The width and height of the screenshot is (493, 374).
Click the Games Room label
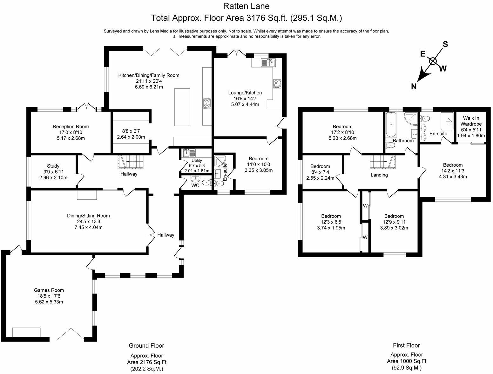(x=49, y=290)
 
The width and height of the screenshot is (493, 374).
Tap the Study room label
(x=53, y=166)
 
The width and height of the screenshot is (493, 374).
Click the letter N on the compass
(x=414, y=86)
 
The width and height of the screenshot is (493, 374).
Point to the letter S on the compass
(x=445, y=45)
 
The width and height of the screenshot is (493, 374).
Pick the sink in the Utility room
(x=189, y=153)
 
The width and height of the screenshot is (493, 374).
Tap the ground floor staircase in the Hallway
(x=131, y=161)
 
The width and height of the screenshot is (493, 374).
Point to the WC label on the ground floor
(x=195, y=185)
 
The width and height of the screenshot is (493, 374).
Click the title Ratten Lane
(x=246, y=6)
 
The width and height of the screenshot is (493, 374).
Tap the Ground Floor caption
(x=146, y=346)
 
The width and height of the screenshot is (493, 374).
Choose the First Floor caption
(x=406, y=345)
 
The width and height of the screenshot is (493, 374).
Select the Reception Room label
(x=71, y=127)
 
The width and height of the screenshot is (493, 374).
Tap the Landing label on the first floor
(x=379, y=175)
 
